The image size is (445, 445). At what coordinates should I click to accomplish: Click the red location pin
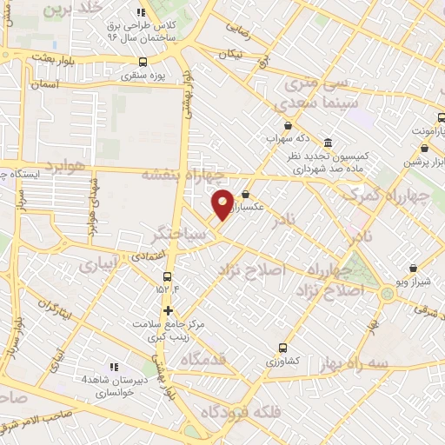click(223, 204)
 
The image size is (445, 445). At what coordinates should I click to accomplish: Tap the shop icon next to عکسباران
click(246, 195)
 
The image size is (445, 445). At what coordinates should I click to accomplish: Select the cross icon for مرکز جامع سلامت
click(168, 310)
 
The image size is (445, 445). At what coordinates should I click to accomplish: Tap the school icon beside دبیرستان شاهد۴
click(112, 367)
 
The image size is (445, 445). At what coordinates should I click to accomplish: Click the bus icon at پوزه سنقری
click(144, 62)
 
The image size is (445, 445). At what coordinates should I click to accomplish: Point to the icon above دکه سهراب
click(288, 125)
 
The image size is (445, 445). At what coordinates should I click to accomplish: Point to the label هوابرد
click(63, 164)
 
